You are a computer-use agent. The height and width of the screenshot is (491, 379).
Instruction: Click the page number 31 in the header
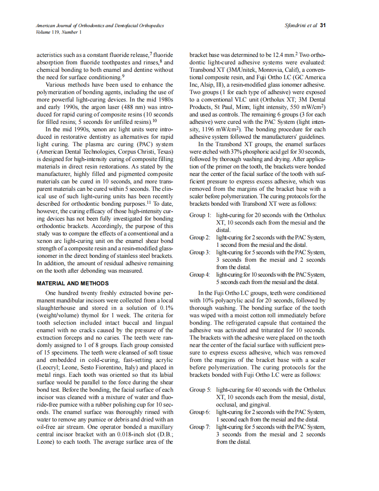(x=323, y=25)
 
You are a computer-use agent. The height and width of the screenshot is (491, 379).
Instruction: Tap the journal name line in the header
(x=100, y=26)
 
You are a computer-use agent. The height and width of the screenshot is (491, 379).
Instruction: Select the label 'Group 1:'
(x=200, y=215)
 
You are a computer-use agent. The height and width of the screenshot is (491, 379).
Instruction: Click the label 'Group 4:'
(x=200, y=275)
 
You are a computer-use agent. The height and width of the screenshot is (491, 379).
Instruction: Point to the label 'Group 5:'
(x=200, y=389)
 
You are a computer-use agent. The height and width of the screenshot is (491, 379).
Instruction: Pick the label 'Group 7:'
(x=200, y=427)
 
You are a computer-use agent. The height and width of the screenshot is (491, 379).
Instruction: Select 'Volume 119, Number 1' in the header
(x=59, y=32)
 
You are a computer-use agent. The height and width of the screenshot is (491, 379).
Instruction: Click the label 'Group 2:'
(x=200, y=238)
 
